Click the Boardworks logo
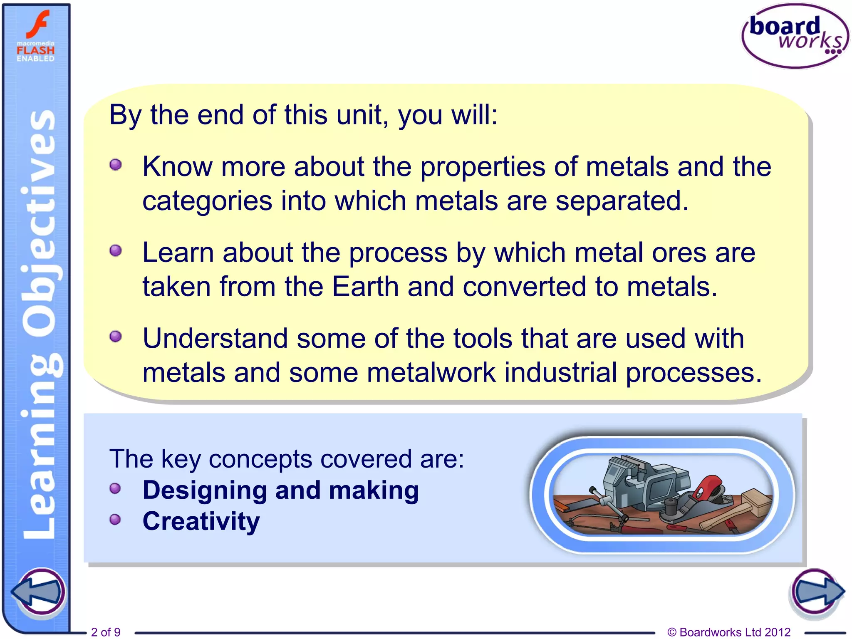pyautogui.click(x=795, y=37)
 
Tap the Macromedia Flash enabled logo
pyautogui.click(x=36, y=37)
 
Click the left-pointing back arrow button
pyautogui.click(x=39, y=592)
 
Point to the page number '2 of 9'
pyautogui.click(x=106, y=632)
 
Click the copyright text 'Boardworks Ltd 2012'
pyautogui.click(x=729, y=632)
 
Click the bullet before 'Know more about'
pyautogui.click(x=116, y=165)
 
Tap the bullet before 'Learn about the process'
pyautogui.click(x=116, y=251)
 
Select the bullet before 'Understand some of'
pyautogui.click(x=116, y=337)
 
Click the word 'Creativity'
pyautogui.click(x=201, y=521)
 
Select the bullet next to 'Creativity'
pyautogui.click(x=115, y=520)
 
